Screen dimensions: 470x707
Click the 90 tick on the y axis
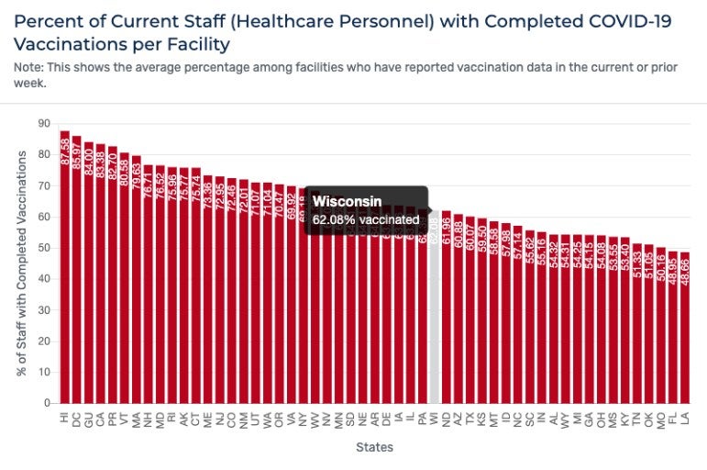click(43, 123)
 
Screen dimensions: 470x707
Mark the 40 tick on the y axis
click(43, 279)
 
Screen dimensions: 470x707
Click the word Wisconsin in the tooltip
click(347, 202)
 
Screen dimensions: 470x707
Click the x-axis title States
click(375, 448)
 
